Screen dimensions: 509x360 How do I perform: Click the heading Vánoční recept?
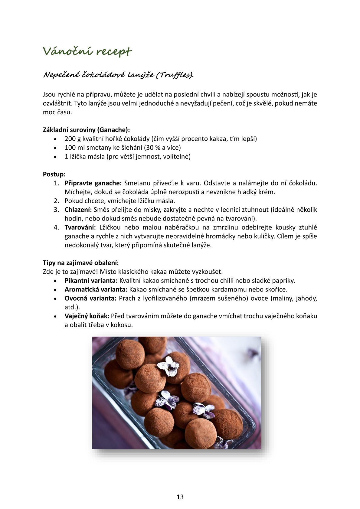(x=87, y=51)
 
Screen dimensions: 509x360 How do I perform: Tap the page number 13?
(x=180, y=497)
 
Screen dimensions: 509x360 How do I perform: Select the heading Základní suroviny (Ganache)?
(x=86, y=130)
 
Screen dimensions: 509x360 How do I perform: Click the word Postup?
(x=54, y=174)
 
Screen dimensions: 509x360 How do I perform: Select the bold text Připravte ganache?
(x=93, y=183)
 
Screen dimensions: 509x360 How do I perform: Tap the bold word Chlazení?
(x=78, y=210)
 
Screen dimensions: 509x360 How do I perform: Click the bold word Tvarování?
(x=80, y=227)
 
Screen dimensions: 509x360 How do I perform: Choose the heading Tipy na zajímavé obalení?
(x=81, y=263)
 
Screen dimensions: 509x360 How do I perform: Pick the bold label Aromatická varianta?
(x=96, y=289)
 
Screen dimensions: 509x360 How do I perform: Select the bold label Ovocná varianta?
(x=90, y=298)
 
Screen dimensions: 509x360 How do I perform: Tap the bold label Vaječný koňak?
(x=87, y=316)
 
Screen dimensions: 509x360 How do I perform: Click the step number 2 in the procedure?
(x=56, y=201)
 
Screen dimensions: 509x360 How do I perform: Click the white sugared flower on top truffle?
(x=169, y=366)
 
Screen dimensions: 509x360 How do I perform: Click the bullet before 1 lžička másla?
(x=55, y=157)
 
